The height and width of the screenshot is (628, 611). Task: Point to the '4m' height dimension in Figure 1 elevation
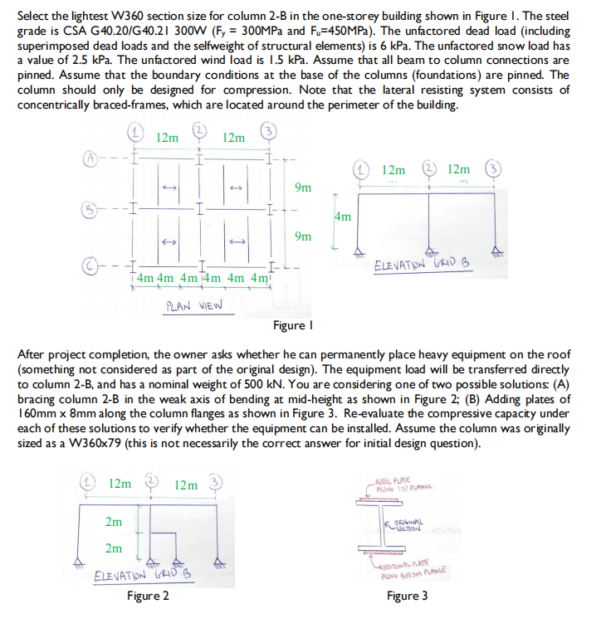342,217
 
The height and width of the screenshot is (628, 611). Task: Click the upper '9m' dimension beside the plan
303,187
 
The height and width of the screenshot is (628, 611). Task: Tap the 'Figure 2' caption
149,596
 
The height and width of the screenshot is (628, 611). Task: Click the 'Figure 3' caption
408,596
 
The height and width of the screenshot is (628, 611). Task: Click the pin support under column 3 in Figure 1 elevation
496,251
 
